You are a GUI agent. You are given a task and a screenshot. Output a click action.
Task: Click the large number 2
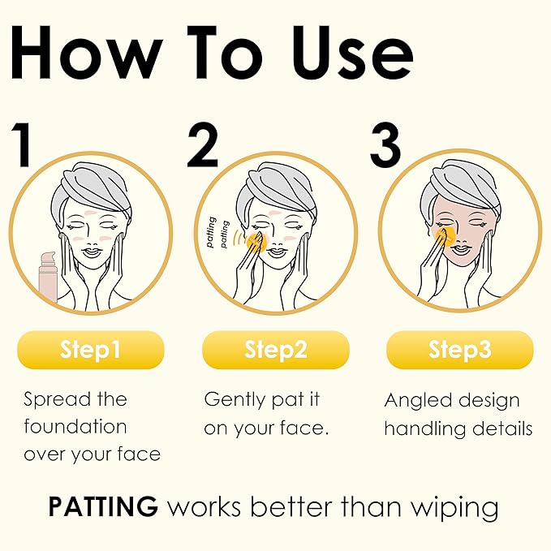point(203,146)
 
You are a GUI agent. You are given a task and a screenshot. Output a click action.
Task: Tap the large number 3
point(385,146)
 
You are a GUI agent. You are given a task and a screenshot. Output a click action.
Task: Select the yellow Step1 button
point(90,351)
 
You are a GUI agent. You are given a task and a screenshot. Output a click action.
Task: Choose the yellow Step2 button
point(275,351)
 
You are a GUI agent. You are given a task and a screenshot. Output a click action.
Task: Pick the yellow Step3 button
point(459,351)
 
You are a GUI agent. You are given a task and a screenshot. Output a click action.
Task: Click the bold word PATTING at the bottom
point(103,507)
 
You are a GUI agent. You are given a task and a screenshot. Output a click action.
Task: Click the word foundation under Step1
point(75,427)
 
